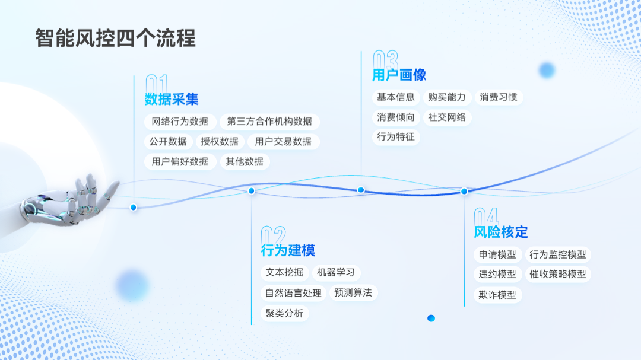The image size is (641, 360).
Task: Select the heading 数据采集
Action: click(172, 99)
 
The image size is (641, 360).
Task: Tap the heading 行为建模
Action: click(288, 250)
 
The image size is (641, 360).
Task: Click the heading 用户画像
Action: click(399, 75)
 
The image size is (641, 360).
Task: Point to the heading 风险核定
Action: click(501, 232)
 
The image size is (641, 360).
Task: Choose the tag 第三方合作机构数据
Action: click(269, 122)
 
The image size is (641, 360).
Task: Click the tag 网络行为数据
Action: click(180, 122)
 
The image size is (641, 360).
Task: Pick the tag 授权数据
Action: click(220, 142)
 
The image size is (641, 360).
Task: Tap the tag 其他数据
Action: click(245, 161)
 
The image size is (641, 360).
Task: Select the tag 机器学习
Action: click(336, 273)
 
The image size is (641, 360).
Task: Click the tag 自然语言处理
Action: click(293, 293)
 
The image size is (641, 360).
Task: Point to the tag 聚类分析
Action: click(284, 313)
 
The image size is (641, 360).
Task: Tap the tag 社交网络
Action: click(447, 117)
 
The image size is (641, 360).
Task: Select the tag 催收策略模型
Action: click(558, 275)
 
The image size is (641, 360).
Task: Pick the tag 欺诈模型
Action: click(497, 295)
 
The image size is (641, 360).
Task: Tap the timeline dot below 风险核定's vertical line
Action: click(464, 191)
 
